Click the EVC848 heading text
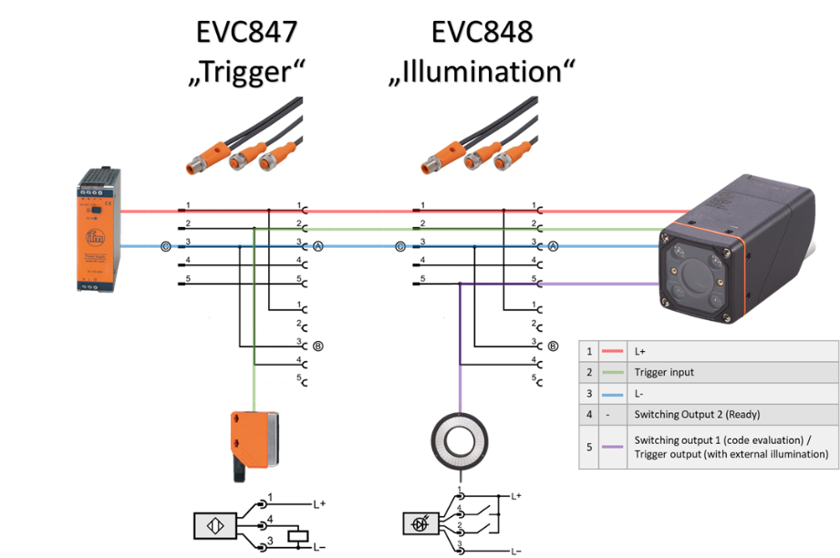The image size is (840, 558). [482, 32]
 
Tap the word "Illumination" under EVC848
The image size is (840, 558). [482, 70]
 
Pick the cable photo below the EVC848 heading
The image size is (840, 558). [482, 142]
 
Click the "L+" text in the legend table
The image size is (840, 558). [641, 351]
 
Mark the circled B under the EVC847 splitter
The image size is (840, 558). [318, 346]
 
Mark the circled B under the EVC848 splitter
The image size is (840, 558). [554, 346]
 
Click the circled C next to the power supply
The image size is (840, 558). [165, 246]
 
